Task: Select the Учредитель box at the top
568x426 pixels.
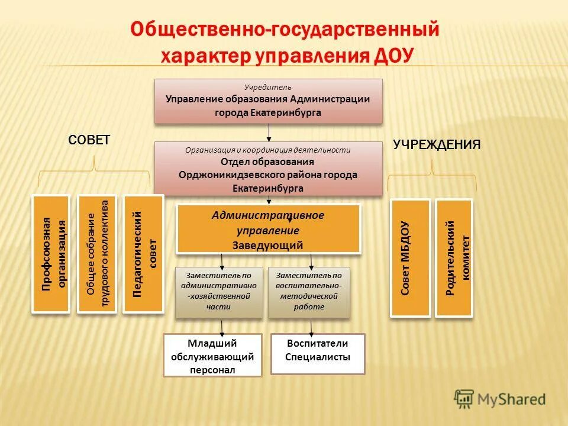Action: pyautogui.click(x=268, y=101)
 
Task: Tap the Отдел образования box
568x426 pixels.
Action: pyautogui.click(x=268, y=169)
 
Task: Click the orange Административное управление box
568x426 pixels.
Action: pyautogui.click(x=268, y=229)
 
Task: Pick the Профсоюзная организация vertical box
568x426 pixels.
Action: pyautogui.click(x=51, y=254)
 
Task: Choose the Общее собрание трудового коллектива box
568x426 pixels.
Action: pyautogui.click(x=97, y=254)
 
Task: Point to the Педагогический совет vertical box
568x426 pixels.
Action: pyautogui.click(x=143, y=254)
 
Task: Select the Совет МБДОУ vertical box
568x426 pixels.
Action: pyautogui.click(x=410, y=258)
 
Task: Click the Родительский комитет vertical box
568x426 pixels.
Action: pyautogui.click(x=454, y=258)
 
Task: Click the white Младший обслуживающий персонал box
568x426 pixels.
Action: pyautogui.click(x=212, y=356)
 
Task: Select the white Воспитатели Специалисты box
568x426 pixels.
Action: pyautogui.click(x=318, y=354)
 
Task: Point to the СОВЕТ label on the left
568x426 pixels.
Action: pyautogui.click(x=89, y=140)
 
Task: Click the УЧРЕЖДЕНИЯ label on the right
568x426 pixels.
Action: pyautogui.click(x=437, y=144)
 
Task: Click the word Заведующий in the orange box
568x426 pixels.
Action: pyautogui.click(x=268, y=245)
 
